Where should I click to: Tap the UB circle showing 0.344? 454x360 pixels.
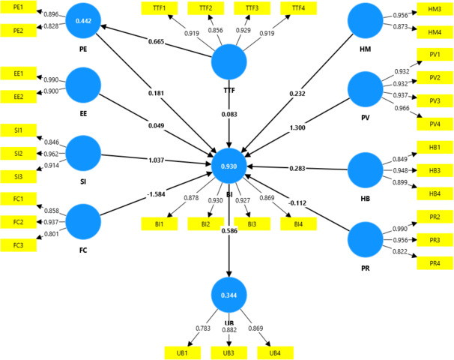228,295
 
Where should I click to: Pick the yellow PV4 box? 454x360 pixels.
435,124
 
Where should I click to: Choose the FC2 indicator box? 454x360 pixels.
18,222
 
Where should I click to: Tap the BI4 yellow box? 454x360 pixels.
298,223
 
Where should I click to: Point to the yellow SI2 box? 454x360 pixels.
18,153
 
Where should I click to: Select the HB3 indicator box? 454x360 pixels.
435,170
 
